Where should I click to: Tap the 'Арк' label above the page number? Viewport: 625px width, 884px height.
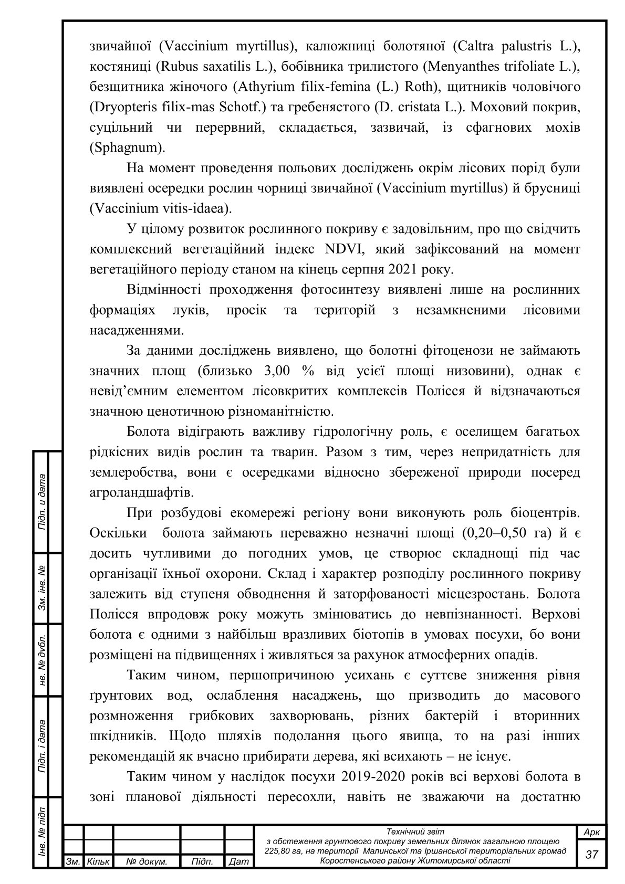click(592, 833)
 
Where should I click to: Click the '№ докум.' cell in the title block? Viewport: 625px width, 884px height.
click(147, 861)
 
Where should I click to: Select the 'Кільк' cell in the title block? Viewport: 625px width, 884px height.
click(98, 861)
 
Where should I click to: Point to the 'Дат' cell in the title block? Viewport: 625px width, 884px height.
click(239, 861)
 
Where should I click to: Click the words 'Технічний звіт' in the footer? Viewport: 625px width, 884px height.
click(415, 832)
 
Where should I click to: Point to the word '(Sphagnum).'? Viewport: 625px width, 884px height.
click(128, 148)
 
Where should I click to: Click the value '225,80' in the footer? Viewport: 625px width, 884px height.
click(278, 851)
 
